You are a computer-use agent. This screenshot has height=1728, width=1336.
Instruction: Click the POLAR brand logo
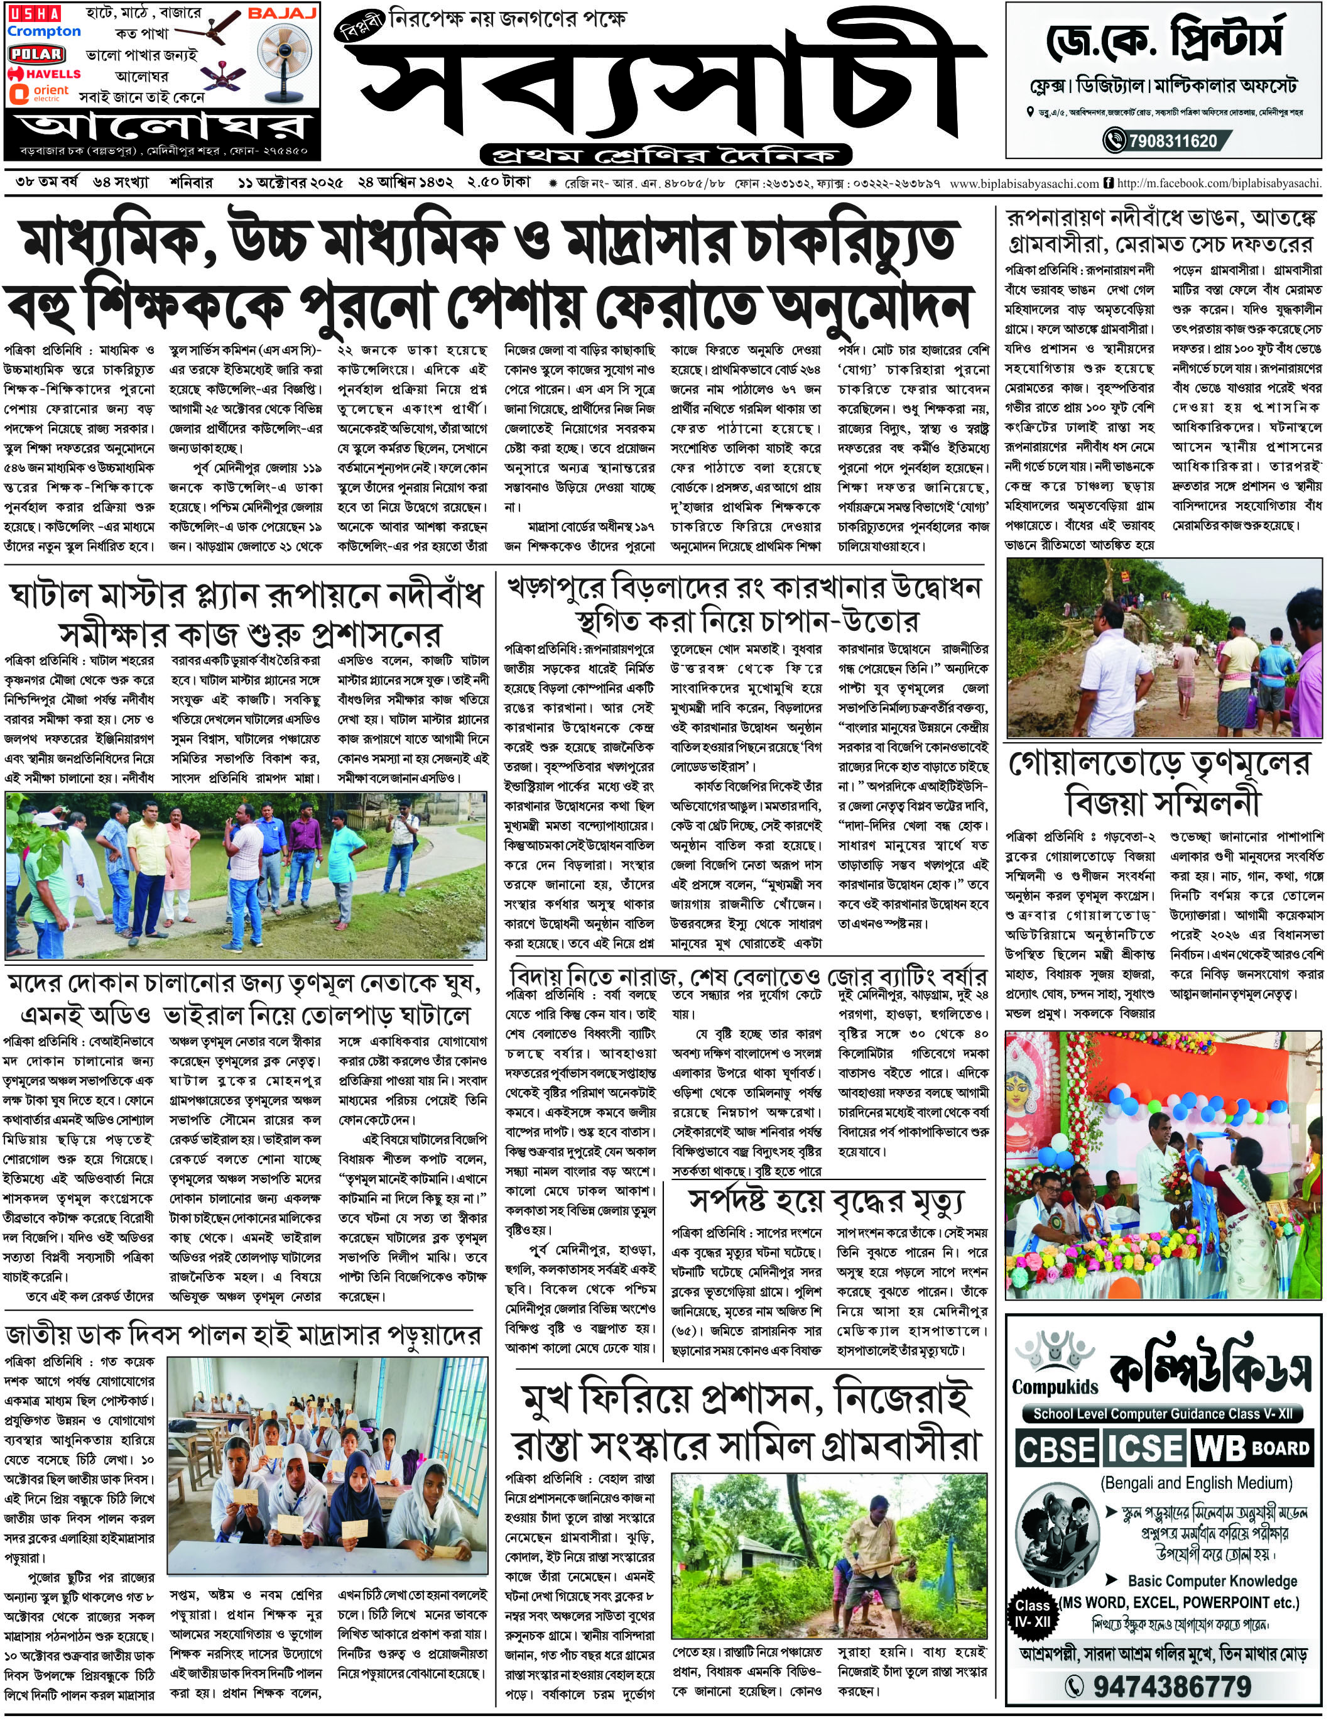click(36, 54)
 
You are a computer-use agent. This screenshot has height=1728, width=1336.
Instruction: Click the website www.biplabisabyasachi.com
click(1024, 183)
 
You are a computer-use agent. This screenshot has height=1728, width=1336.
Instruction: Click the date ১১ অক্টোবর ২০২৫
click(290, 183)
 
